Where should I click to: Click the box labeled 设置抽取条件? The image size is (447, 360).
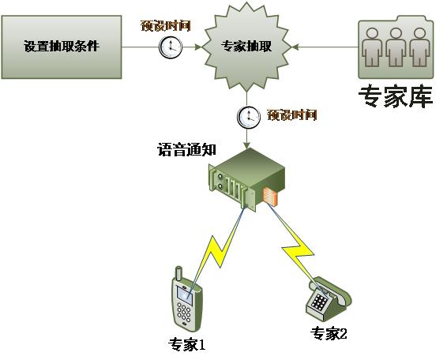pyautogui.click(x=62, y=47)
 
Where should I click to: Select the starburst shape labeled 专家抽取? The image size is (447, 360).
pyautogui.click(x=247, y=47)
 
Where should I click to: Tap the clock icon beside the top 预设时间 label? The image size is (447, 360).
pyautogui.click(x=171, y=47)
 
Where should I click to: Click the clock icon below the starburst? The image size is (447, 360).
pyautogui.click(x=249, y=117)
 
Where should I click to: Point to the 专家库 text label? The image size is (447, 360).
pyautogui.click(x=396, y=96)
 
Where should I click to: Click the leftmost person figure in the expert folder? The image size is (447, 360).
pyautogui.click(x=372, y=47)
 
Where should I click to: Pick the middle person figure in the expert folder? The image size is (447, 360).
pyautogui.click(x=396, y=47)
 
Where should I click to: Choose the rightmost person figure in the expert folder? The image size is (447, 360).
pyautogui.click(x=419, y=47)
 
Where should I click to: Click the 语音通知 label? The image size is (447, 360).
pyautogui.click(x=186, y=149)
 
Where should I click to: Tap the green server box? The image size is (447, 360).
pyautogui.click(x=247, y=179)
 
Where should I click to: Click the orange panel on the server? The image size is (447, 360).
pyautogui.click(x=270, y=197)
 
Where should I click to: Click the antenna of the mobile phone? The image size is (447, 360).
pyautogui.click(x=178, y=274)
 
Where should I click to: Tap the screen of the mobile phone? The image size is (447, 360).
pyautogui.click(x=185, y=294)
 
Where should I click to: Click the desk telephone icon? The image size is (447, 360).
pyautogui.click(x=329, y=299)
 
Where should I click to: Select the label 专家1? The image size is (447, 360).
pyautogui.click(x=187, y=345)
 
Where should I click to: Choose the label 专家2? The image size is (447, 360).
pyautogui.click(x=329, y=333)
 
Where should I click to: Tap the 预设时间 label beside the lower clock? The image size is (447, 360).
pyautogui.click(x=292, y=115)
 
